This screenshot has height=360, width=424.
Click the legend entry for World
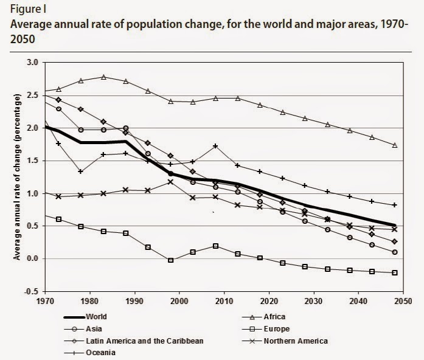(85, 317)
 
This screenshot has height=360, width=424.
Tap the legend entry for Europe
(266, 329)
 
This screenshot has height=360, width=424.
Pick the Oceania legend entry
(90, 353)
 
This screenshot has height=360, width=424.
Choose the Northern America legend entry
(285, 341)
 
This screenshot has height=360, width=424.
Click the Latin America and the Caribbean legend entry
(134, 341)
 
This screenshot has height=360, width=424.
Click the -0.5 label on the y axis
(32, 292)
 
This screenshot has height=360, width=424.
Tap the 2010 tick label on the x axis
(224, 301)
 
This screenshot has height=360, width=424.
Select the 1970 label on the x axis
(45, 301)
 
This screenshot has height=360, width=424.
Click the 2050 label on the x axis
(403, 301)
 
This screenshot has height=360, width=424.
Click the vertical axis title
(17, 177)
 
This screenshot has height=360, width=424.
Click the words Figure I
(28, 10)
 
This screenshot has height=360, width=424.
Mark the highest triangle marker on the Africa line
(103, 77)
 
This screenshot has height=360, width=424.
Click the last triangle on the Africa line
(395, 145)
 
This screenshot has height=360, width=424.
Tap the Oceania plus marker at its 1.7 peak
(215, 146)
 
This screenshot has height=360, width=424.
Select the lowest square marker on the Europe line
(395, 272)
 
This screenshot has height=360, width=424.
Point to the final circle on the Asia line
(395, 252)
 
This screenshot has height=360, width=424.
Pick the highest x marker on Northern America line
(170, 182)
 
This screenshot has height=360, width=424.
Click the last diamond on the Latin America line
(395, 241)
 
